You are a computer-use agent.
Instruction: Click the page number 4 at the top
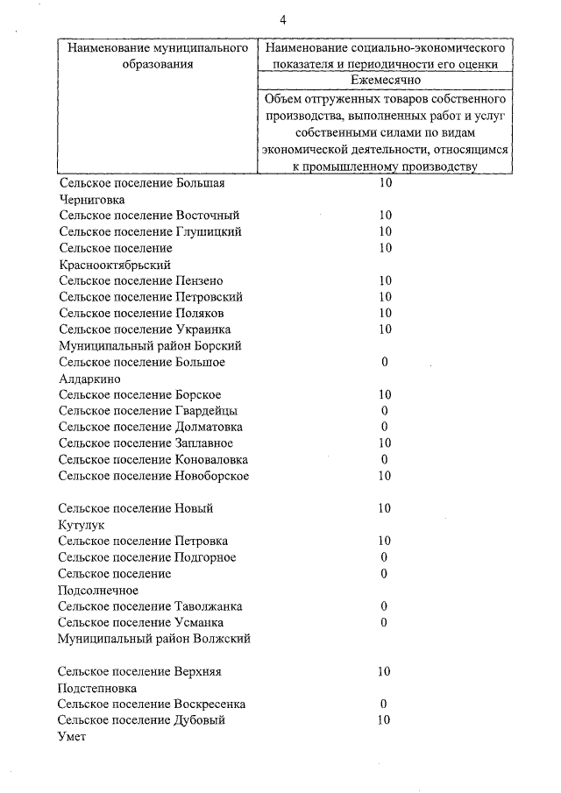[283, 19]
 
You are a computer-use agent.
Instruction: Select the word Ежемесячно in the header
[385, 80]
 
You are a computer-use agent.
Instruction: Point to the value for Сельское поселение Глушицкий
[385, 231]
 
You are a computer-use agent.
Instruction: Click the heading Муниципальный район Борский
[148, 345]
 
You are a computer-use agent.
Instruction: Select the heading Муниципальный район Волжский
[154, 639]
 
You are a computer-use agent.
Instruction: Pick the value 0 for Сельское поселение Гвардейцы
[385, 411]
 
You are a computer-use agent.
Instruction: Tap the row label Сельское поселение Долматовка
[150, 428]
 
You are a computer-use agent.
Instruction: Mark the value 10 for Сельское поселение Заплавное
[385, 443]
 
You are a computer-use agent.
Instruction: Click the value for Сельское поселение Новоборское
[385, 476]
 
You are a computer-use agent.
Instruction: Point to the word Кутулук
[82, 525]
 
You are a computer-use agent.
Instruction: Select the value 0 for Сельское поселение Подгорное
[385, 557]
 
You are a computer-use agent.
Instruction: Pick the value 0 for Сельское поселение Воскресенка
[384, 704]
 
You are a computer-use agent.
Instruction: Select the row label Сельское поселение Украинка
[146, 329]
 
